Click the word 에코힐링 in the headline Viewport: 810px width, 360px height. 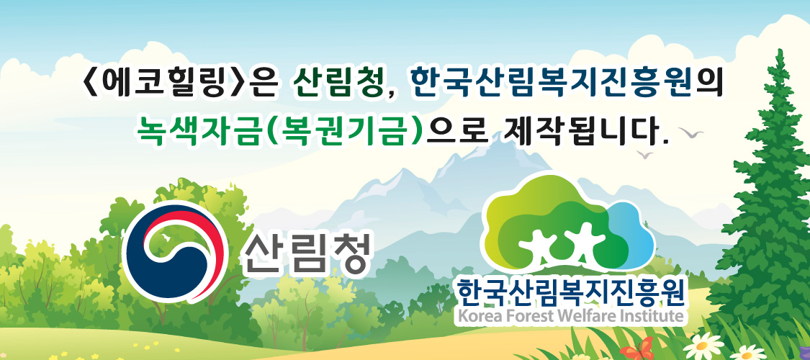tap(163, 83)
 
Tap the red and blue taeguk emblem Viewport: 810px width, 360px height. tap(176, 251)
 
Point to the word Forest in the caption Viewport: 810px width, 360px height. tap(520, 315)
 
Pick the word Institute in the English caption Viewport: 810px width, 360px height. tap(644, 315)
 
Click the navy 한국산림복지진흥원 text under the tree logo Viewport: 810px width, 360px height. tap(570, 292)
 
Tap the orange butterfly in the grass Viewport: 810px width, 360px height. tap(636, 349)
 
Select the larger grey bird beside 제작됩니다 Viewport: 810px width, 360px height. tap(691, 132)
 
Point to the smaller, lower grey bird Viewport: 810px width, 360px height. tap(644, 154)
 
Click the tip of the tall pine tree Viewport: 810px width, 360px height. tap(780, 50)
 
